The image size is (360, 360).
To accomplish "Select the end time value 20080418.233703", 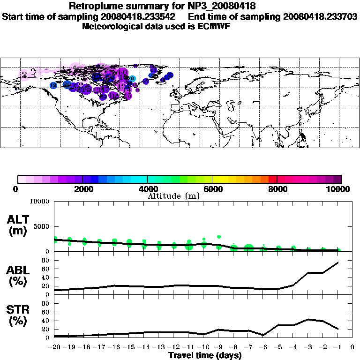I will (x=320, y=16).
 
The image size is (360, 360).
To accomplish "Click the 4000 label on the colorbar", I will (x=147, y=189).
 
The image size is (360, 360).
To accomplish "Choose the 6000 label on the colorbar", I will (x=212, y=189).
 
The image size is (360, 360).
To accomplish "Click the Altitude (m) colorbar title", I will (x=173, y=196).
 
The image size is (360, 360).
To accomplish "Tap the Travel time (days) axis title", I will (x=205, y=356).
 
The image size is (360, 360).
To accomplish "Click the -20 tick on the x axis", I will (x=55, y=347).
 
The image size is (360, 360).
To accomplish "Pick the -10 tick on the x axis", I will (x=203, y=347).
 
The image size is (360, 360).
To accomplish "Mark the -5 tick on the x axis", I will (x=278, y=347).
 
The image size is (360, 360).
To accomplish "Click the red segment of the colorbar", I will (x=272, y=179).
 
